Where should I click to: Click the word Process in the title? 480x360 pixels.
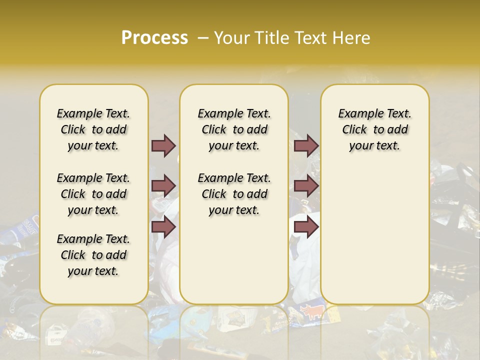[154, 38]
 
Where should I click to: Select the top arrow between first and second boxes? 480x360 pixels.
[163, 145]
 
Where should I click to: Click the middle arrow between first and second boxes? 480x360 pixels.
[163, 186]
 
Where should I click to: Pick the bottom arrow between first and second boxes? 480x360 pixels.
[163, 226]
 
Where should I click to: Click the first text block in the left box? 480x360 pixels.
[93, 129]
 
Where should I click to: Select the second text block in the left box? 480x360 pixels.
[93, 194]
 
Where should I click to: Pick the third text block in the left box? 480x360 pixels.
[93, 255]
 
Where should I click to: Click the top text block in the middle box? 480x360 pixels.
[234, 129]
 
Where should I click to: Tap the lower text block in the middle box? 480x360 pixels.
[234, 194]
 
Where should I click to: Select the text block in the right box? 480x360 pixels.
[374, 129]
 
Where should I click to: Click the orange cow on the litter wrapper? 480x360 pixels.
[312, 312]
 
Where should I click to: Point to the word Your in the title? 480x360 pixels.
[232, 38]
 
